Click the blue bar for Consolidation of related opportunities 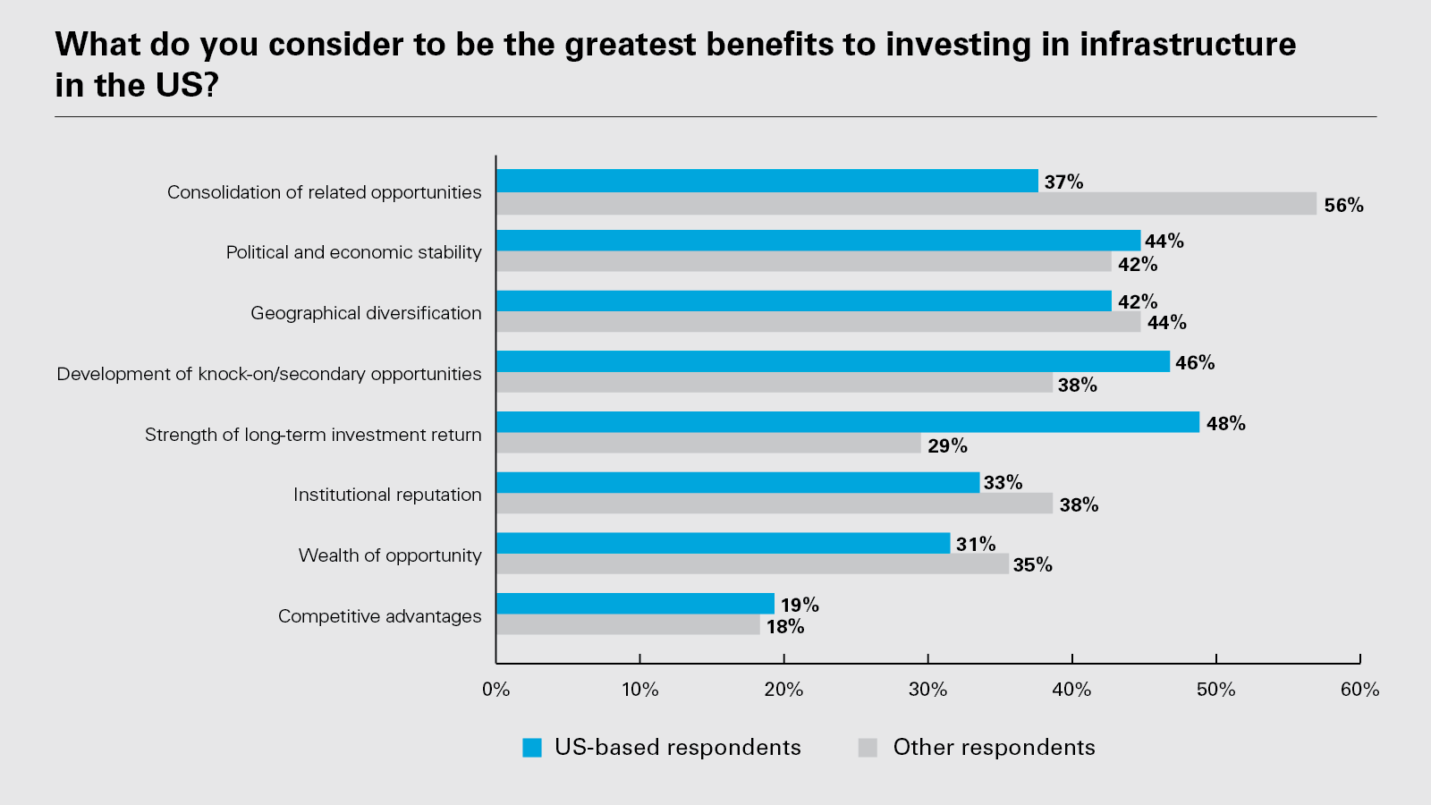click(766, 181)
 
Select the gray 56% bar click(906, 204)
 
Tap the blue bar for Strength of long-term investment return click(847, 422)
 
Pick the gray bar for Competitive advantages click(628, 625)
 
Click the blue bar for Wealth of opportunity click(723, 543)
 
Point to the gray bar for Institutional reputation click(775, 504)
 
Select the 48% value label click(1225, 424)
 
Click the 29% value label click(947, 445)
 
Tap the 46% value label click(1195, 363)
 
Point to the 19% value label click(800, 606)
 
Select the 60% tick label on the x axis click(1359, 690)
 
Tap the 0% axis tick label click(495, 690)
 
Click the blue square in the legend click(532, 748)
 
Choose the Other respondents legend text click(994, 748)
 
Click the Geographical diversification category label click(366, 313)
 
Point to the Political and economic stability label click(353, 252)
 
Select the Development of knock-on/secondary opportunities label click(268, 374)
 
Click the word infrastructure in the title click(1188, 44)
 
